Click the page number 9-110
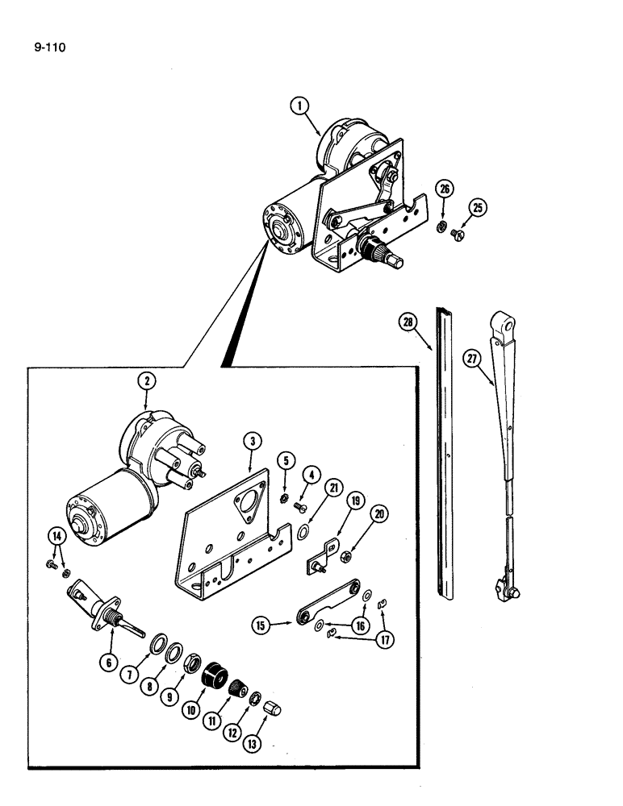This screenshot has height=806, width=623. coord(49,48)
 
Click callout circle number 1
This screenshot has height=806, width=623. coord(299,106)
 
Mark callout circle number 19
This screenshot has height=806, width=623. coord(332,501)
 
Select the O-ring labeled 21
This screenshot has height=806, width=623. coord(300,532)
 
